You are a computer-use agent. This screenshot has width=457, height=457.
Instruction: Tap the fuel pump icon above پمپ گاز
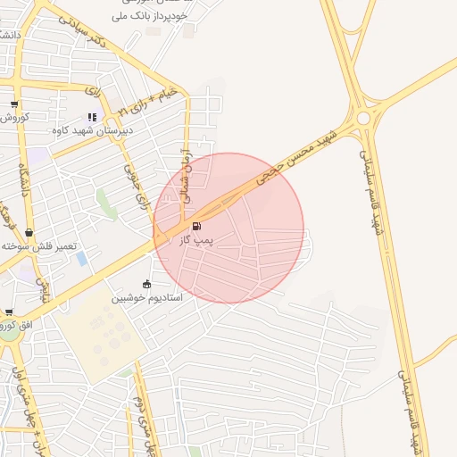pos(196,227)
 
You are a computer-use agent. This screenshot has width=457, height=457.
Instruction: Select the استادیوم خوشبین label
pos(147,297)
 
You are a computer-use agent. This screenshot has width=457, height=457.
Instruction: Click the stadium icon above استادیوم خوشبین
pos(147,284)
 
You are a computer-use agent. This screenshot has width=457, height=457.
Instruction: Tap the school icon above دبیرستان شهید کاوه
pos(92,116)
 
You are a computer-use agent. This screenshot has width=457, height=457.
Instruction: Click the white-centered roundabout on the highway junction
pos(362,118)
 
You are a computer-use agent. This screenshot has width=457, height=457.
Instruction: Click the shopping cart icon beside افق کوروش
pos(9,313)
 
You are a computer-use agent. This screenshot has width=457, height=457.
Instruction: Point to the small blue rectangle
pos(82,259)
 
